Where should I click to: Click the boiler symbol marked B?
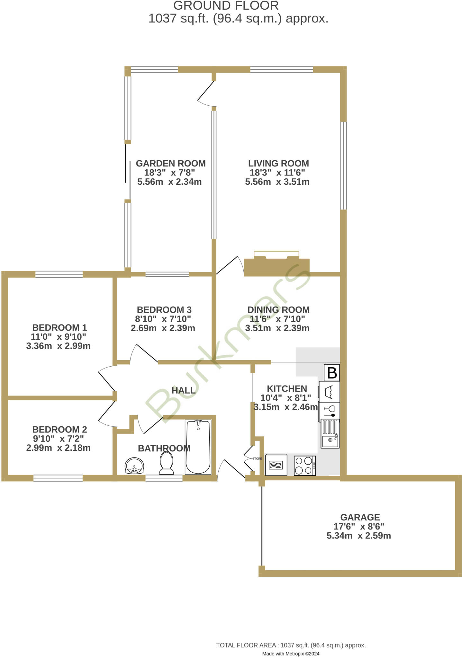click(331, 373)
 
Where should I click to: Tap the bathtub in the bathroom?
click(198, 447)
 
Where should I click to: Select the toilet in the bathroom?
click(166, 463)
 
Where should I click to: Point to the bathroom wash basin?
click(134, 466)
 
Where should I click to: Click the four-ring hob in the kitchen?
click(304, 466)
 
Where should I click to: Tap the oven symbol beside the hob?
click(276, 465)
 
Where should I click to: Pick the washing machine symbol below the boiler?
click(329, 392)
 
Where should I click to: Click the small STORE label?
click(257, 458)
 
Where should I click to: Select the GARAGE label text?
click(360, 517)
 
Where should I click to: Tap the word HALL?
click(183, 390)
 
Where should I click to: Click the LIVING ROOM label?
click(278, 163)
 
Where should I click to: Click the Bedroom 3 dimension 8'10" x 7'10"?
click(163, 319)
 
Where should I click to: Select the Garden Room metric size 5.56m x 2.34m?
click(169, 182)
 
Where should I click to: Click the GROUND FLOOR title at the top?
click(226, 6)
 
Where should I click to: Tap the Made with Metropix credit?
click(291, 654)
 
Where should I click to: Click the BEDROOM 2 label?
click(59, 429)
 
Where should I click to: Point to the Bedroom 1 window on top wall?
click(59, 274)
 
